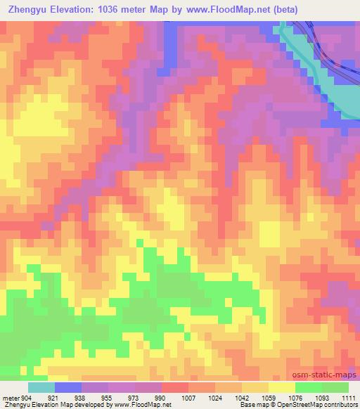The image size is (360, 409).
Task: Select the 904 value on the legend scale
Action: pyautogui.click(x=27, y=398)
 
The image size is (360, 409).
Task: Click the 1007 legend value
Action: pyautogui.click(x=187, y=398)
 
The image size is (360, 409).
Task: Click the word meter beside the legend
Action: pyautogui.click(x=10, y=398)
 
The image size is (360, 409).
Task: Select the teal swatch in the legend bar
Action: pyautogui.click(x=41, y=387)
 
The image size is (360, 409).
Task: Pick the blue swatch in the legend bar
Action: pyautogui.click(x=68, y=387)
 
